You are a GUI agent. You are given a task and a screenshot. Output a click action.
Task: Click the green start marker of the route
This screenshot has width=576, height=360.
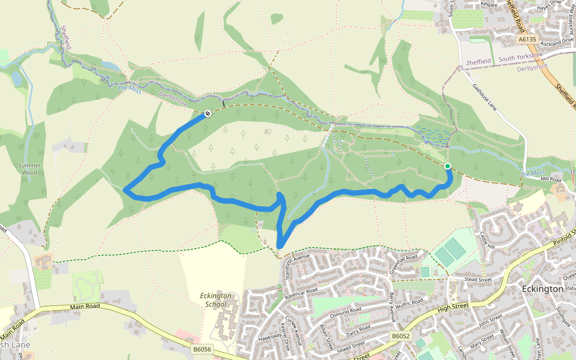click(x=447, y=166)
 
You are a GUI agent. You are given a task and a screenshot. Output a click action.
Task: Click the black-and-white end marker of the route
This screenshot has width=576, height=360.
click(x=208, y=113)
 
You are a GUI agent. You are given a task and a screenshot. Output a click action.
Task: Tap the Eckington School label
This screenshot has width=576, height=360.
click(x=214, y=299)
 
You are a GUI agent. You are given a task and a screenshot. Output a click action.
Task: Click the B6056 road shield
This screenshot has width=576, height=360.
click(x=202, y=349)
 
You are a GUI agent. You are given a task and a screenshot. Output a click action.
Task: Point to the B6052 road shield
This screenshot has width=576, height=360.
click(x=400, y=337)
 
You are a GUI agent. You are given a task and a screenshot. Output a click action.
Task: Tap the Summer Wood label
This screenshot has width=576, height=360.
click(x=28, y=169)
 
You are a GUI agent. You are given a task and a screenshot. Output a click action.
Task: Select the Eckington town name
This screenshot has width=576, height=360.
click(x=542, y=289)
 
